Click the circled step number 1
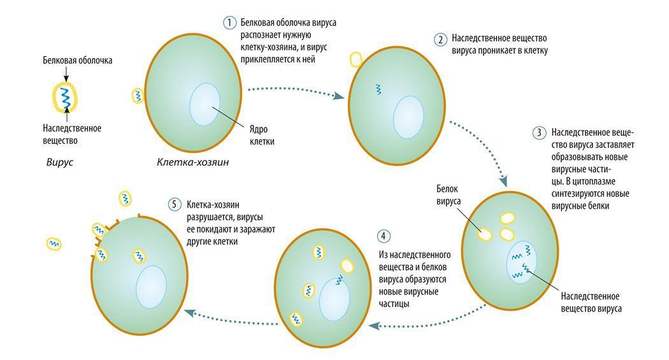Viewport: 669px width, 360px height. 229,23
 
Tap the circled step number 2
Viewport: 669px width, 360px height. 440,40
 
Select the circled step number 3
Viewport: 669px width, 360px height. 539,133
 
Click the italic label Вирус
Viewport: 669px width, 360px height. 60,162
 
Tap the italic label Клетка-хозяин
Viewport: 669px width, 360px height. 192,162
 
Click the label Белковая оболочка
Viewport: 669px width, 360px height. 78,61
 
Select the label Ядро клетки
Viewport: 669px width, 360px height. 262,136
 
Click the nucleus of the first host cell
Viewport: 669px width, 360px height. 205,104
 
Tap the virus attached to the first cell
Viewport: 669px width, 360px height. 138,96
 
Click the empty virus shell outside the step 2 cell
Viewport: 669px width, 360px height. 356,59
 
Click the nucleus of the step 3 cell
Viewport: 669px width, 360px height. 521,264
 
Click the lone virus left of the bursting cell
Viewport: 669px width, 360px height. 54,243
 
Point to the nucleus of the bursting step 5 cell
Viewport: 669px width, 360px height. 151,288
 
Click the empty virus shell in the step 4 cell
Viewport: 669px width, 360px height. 347,265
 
